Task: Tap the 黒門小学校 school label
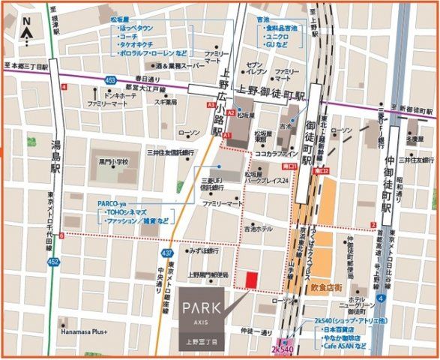(113, 161)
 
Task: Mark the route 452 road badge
(53, 261)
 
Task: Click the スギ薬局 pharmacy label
(166, 102)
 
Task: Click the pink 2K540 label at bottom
(282, 349)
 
